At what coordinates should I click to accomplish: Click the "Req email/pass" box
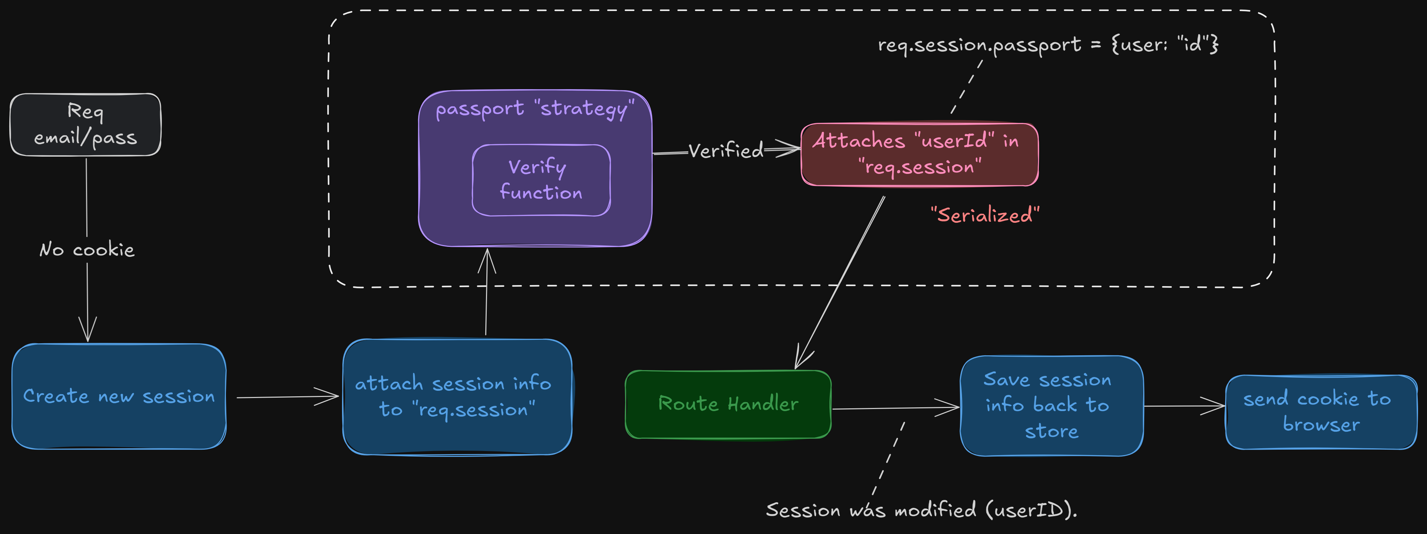pos(85,125)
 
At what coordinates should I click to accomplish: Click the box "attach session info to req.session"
pos(457,397)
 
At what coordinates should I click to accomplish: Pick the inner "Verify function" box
pos(541,180)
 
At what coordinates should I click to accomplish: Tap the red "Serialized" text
pos(985,215)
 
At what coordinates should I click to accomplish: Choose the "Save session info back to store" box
pos(1051,406)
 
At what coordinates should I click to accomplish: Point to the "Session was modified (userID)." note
pos(921,510)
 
